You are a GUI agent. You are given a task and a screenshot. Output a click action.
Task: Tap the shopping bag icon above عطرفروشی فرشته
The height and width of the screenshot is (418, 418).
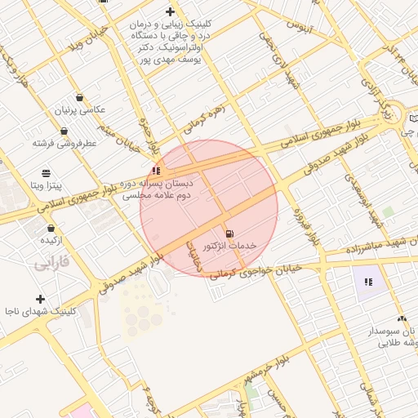pyautogui.click(x=64, y=131)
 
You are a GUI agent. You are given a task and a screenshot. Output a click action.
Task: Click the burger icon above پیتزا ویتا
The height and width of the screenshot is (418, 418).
pyautogui.click(x=46, y=173)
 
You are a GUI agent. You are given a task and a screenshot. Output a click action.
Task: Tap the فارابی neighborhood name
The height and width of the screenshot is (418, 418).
pyautogui.click(x=54, y=265)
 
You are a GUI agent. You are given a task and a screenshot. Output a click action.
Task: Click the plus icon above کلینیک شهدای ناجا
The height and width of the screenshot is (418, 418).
pyautogui.click(x=40, y=300)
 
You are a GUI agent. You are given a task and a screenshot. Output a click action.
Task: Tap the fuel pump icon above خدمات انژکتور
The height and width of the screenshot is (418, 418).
pyautogui.click(x=229, y=233)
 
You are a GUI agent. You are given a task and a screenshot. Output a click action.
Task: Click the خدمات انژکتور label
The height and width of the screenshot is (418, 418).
pyautogui.click(x=230, y=246)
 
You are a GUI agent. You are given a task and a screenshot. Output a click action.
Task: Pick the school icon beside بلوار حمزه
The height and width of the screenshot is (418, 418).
pyautogui.click(x=156, y=171)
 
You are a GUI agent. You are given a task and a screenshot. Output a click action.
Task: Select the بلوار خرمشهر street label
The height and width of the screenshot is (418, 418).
pyautogui.click(x=266, y=371)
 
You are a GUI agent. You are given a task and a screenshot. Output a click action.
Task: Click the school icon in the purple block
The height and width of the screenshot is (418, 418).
pyautogui.click(x=368, y=282)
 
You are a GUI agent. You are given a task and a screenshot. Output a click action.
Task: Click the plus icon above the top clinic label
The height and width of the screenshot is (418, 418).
pyautogui.click(x=170, y=11)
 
